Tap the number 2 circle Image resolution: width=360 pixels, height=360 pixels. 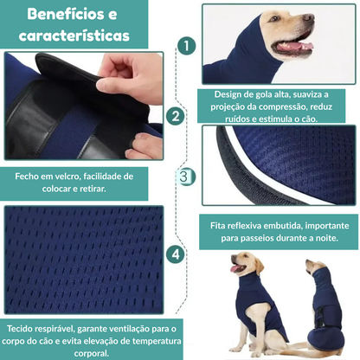(x=176, y=115)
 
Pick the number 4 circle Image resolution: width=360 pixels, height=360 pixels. (x=176, y=254)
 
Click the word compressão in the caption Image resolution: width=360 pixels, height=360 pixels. (x=279, y=106)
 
